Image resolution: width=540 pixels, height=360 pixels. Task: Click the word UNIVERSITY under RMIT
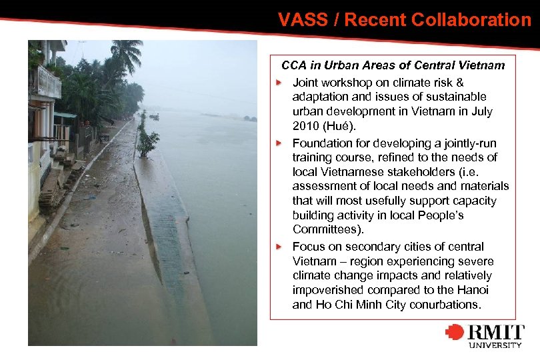[x=495, y=345]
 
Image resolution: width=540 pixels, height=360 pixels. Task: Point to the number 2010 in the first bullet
[x=305, y=126]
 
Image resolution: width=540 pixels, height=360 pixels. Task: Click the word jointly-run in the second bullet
[x=470, y=143]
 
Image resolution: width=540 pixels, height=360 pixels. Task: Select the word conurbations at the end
[x=446, y=305]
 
